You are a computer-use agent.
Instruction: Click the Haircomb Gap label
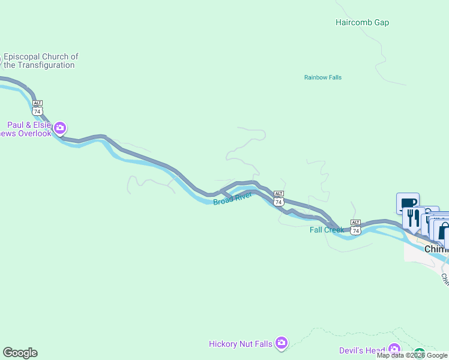[362, 23]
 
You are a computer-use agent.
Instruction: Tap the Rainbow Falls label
[322, 77]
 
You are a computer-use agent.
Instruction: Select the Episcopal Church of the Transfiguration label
[41, 61]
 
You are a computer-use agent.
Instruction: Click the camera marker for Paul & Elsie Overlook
[60, 127]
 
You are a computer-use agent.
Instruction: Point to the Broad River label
[232, 198]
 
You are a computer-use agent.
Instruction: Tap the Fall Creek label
[327, 230]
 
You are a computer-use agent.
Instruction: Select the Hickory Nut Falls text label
[240, 344]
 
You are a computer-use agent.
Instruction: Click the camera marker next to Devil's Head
[394, 349]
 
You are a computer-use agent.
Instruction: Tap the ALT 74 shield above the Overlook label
[38, 108]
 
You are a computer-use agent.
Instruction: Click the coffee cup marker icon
[408, 203]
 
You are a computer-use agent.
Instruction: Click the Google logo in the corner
[20, 353]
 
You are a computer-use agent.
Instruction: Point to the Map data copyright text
[412, 355]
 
